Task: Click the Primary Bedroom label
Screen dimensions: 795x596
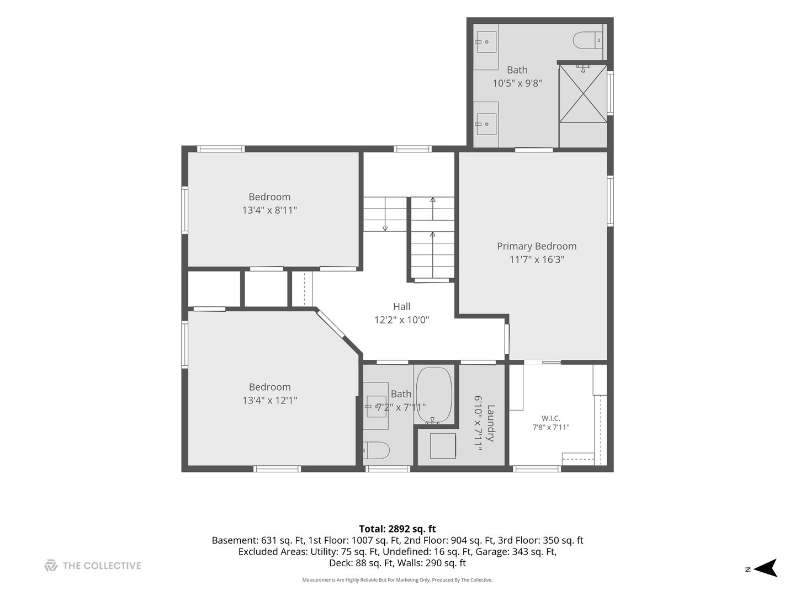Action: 537,246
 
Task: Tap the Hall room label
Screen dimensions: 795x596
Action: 402,306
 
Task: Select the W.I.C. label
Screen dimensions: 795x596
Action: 551,418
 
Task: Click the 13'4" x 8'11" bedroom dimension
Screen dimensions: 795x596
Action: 269,210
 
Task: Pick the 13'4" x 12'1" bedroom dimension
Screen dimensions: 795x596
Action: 270,400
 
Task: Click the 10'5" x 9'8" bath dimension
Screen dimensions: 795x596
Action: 517,83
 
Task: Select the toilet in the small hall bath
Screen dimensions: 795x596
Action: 377,450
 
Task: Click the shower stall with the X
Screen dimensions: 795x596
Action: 583,94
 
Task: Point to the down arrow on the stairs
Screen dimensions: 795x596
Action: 385,214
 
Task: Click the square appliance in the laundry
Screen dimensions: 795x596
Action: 443,446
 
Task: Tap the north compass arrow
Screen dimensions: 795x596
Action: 767,568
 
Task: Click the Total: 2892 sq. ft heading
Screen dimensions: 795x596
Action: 397,529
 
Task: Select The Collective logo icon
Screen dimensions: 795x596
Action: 51,565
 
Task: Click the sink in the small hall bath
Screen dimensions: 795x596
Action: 375,406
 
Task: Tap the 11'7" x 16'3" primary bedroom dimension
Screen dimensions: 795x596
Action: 537,259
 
